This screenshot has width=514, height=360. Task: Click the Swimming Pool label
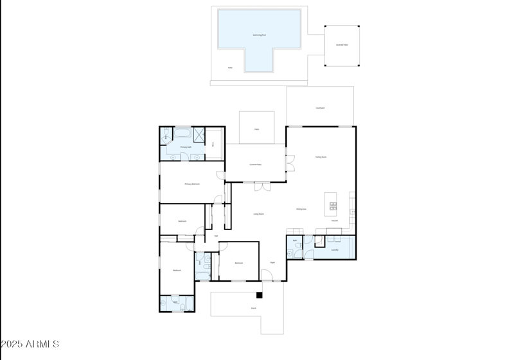click(x=259, y=35)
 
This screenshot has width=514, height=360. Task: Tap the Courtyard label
click(x=320, y=108)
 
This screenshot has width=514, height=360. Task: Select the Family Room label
click(x=321, y=157)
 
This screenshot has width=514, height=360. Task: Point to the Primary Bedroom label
click(x=192, y=184)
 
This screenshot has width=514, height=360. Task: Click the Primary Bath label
click(x=186, y=147)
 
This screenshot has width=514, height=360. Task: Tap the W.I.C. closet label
click(x=213, y=143)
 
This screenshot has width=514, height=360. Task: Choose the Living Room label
click(x=258, y=214)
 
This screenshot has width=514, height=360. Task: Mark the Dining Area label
click(x=301, y=209)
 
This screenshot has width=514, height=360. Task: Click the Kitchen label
click(x=335, y=221)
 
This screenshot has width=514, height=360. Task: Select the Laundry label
click(x=335, y=250)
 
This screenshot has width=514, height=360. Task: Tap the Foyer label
click(x=272, y=262)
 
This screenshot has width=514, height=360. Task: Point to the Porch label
click(x=253, y=308)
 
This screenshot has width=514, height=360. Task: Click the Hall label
click(x=216, y=236)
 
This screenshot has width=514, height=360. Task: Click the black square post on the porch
click(x=260, y=295)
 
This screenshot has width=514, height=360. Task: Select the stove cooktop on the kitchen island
click(x=333, y=206)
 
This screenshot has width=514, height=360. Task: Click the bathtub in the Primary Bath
click(x=182, y=134)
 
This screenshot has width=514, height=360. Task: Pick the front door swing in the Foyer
click(x=267, y=276)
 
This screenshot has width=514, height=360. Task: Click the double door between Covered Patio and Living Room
click(x=261, y=186)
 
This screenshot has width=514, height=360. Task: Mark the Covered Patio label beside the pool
click(x=342, y=45)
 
